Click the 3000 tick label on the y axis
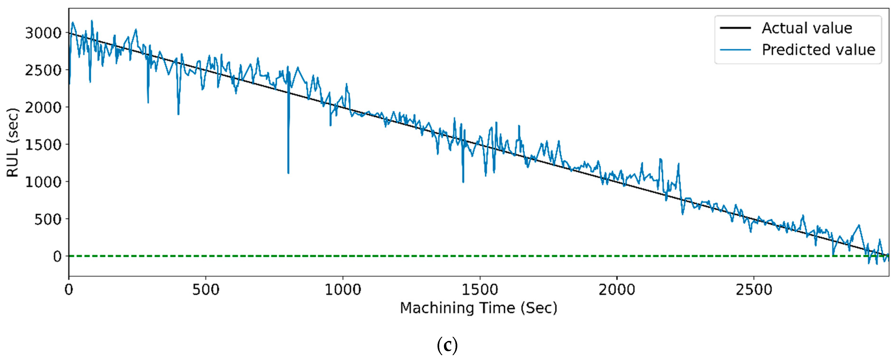43,33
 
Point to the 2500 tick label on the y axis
43,71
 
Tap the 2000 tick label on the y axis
43,108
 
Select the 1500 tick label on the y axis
43,145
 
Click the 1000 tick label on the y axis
43,182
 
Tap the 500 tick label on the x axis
206,290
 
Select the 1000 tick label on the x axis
343,290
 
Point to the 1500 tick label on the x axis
480,290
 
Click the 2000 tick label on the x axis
617,290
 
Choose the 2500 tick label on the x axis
754,290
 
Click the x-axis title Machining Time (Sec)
478,308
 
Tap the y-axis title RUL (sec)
13,143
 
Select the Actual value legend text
807,28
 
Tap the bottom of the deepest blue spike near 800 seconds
288,173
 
